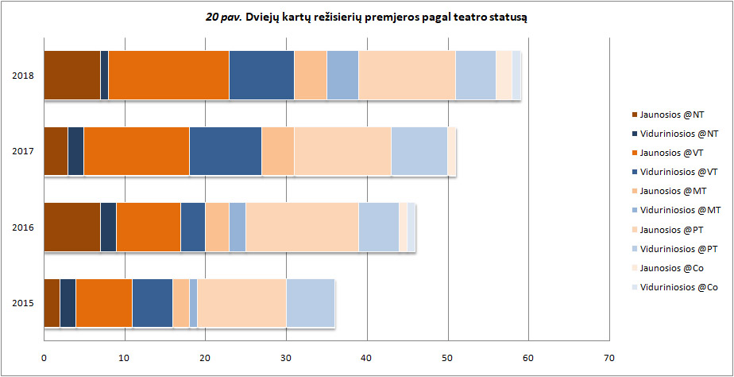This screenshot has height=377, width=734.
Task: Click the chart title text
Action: coord(366,16)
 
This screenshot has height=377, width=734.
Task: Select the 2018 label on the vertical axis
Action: coord(22,76)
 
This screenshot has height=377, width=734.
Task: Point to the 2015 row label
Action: coord(22,303)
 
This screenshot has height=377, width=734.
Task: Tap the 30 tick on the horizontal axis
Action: coord(286,358)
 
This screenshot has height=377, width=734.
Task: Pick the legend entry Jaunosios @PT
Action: coord(670,229)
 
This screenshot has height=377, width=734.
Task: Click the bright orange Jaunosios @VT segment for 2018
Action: coord(168,76)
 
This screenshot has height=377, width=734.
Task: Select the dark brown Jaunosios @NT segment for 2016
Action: coord(71,227)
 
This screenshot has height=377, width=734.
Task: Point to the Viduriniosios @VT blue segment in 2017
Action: coord(226,151)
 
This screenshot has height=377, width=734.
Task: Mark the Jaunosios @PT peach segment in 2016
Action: coord(302,227)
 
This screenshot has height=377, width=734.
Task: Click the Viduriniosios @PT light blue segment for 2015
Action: coord(310,303)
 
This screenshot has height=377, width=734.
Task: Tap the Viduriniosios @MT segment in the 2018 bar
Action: coord(342,76)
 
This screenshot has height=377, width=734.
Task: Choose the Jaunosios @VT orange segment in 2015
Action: coord(103,303)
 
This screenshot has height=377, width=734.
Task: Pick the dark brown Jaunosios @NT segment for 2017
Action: coord(56,151)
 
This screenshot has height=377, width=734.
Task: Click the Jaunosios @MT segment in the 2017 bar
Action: coord(278,151)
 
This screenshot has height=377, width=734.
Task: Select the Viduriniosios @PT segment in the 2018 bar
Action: coord(475,76)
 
